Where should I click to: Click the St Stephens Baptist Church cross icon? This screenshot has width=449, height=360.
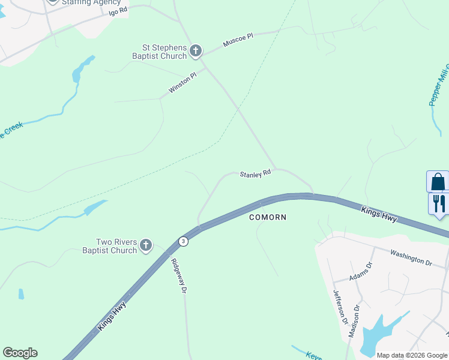point(196,52)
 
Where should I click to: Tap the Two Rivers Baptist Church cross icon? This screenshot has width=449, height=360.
point(145,245)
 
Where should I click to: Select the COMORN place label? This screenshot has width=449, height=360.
point(268,217)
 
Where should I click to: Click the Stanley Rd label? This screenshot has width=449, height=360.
point(256,174)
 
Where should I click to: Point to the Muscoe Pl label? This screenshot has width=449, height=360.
point(238,40)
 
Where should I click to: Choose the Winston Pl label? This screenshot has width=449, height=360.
point(182,83)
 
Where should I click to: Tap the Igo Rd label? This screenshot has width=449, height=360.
point(119,11)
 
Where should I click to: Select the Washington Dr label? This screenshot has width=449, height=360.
point(411,259)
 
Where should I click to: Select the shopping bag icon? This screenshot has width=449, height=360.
point(438,181)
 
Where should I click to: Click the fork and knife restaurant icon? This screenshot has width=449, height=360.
point(439,203)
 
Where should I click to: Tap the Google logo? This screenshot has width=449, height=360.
point(20,353)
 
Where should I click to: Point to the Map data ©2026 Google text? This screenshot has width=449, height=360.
point(411,355)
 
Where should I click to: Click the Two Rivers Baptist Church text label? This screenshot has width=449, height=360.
point(109,246)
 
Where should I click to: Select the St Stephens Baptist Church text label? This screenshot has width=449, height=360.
point(159,52)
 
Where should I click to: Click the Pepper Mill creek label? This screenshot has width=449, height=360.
point(439,84)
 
